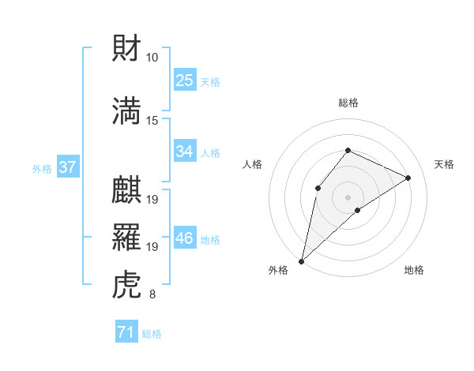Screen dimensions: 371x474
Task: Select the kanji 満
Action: point(127,111)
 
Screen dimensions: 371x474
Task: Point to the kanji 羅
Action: point(127,238)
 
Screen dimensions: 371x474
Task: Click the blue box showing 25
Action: point(184,80)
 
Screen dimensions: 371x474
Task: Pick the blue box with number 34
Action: point(184,152)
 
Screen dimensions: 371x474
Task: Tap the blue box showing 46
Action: point(184,238)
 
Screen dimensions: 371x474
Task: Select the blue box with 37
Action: point(67,167)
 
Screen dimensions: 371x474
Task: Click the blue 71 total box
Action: point(126,333)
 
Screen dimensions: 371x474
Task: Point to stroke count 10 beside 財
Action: point(152,58)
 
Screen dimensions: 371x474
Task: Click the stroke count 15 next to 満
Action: point(152,120)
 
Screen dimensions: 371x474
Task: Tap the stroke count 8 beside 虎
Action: point(152,295)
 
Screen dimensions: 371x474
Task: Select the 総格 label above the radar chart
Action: point(348,103)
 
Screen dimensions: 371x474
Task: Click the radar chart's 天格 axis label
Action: point(445,164)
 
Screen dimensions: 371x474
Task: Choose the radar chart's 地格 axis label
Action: point(414,270)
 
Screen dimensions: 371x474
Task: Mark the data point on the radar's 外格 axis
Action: point(301,260)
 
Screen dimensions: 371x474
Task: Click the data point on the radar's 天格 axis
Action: point(408,178)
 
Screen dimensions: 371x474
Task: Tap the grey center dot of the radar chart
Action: point(348,197)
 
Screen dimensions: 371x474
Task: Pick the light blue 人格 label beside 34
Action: point(210,152)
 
